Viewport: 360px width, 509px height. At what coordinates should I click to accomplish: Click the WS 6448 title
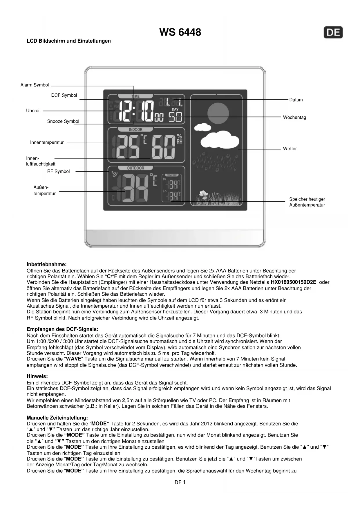[180, 32]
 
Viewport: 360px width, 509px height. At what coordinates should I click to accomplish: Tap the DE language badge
[333, 32]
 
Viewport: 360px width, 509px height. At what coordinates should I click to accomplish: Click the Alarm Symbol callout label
[35, 85]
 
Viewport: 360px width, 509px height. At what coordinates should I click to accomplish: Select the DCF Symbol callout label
[64, 95]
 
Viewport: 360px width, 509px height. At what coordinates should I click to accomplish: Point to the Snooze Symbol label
[63, 122]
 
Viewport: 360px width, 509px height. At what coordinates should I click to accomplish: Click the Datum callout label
[296, 100]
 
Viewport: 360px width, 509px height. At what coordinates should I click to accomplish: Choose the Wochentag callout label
[294, 118]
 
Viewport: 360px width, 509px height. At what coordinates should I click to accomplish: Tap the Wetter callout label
[290, 149]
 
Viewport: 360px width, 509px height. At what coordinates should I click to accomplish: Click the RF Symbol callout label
[58, 172]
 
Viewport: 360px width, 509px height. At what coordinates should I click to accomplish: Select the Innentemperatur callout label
[47, 142]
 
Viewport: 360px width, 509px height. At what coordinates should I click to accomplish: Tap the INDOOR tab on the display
[135, 129]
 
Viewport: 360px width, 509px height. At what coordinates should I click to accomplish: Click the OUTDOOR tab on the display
[135, 168]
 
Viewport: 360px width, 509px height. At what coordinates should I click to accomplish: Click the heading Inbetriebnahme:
[46, 264]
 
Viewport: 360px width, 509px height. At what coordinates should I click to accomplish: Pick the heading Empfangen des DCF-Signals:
[62, 329]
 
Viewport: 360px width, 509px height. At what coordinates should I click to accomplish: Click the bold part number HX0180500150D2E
[293, 282]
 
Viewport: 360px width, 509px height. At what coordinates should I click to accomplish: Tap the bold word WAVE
[74, 359]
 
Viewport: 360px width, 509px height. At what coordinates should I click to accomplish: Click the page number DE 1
[180, 482]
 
